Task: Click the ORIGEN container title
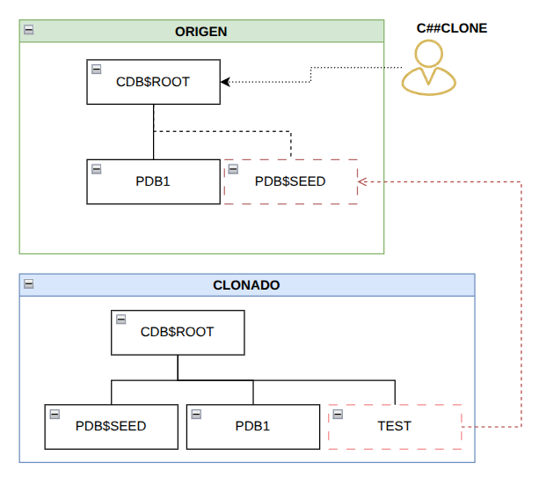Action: tap(201, 32)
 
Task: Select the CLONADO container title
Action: tap(246, 285)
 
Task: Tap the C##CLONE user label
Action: tap(452, 28)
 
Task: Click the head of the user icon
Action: tap(429, 54)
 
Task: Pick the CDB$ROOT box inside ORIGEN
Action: tap(153, 82)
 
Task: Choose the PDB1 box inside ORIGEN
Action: tap(153, 181)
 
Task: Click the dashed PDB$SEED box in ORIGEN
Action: tap(291, 181)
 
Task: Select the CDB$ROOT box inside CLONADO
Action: tap(178, 333)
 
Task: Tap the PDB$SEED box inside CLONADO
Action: tap(112, 427)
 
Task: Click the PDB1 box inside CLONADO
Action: tap(253, 427)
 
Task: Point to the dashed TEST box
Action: tap(395, 427)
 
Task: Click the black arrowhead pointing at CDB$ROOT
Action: tap(225, 82)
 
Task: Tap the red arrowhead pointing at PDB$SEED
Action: tap(362, 181)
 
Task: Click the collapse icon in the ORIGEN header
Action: tap(29, 30)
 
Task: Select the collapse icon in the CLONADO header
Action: tap(29, 284)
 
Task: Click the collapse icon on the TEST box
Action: tap(338, 414)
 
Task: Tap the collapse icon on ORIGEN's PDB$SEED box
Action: tap(233, 169)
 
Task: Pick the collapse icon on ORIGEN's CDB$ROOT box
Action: tap(96, 70)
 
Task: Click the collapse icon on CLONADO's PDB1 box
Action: tap(196, 414)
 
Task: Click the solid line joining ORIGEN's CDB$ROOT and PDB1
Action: tap(153, 132)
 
